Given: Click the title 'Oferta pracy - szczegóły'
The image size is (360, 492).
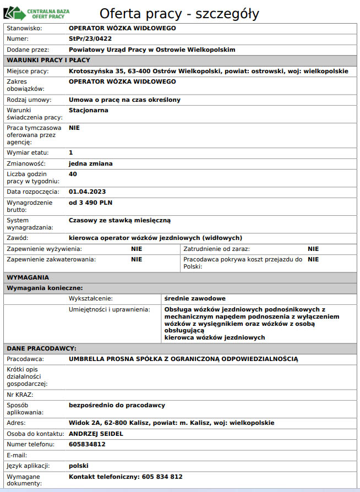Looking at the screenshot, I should point(179,13).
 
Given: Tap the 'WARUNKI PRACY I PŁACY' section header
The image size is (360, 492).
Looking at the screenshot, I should point(48,60).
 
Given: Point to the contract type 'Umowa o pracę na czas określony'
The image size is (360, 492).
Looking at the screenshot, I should point(124,100).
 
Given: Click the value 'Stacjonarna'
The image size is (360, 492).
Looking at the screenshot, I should point(89,110).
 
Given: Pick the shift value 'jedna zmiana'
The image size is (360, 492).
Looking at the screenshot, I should point(91,163).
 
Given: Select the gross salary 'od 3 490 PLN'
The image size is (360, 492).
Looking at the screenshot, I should point(90,203).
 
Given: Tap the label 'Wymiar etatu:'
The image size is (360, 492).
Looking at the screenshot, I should point(28,152).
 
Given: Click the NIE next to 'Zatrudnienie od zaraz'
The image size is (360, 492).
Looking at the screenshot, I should point(313,249).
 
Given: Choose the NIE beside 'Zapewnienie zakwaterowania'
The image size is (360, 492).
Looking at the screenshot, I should point(137,259).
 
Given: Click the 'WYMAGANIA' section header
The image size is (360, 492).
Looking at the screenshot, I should point(28,277).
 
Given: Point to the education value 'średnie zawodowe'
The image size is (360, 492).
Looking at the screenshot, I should point(195,298).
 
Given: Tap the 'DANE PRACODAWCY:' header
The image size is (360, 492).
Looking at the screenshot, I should point(41,348).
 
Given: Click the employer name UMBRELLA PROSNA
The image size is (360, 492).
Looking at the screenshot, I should point(183,359).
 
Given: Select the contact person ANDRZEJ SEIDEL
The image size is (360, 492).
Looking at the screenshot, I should point(96,434).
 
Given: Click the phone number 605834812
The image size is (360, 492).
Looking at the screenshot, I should point(87,444).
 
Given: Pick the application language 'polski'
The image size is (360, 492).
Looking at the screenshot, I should point(79,466).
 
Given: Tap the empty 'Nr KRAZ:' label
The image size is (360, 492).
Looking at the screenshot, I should point(20,395).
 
